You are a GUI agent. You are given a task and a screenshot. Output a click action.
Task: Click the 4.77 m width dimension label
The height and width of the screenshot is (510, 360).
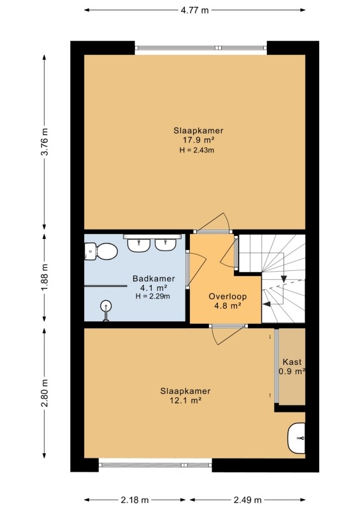[194, 10]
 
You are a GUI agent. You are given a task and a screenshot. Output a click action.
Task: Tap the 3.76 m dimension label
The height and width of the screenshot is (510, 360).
[45, 142]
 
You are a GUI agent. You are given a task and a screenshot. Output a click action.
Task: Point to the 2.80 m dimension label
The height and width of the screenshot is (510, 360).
[45, 393]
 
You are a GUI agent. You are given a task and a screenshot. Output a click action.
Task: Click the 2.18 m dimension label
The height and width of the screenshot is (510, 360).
[134, 500]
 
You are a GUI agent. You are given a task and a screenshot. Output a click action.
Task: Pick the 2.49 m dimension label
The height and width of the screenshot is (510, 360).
[247, 500]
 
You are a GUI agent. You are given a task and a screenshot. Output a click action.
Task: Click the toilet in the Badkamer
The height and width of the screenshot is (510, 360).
[101, 251]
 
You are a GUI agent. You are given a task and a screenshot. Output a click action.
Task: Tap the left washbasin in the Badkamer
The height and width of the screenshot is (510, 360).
[139, 245]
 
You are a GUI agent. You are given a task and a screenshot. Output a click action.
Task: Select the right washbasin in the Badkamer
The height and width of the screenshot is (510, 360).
[166, 244]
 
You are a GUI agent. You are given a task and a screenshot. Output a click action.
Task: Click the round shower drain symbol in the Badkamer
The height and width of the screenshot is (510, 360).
[106, 306]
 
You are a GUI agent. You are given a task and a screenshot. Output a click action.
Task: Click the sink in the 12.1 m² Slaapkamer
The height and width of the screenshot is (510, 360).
[296, 438]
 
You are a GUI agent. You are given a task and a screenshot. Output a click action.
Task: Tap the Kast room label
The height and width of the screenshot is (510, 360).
[292, 361]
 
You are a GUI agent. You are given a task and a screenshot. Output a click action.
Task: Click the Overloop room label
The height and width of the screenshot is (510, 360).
[227, 296]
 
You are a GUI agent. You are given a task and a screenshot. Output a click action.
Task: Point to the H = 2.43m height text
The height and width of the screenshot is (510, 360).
[197, 150]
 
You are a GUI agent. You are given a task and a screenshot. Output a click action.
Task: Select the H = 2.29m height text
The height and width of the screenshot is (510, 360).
[153, 296]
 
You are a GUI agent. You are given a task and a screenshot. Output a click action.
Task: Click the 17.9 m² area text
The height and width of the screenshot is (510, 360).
[198, 140]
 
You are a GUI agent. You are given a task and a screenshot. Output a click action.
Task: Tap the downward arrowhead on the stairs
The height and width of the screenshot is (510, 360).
[284, 279]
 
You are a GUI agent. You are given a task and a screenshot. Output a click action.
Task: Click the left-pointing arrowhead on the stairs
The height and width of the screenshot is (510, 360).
[266, 305]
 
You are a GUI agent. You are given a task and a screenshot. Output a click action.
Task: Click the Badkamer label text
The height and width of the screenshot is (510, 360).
[154, 279]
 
